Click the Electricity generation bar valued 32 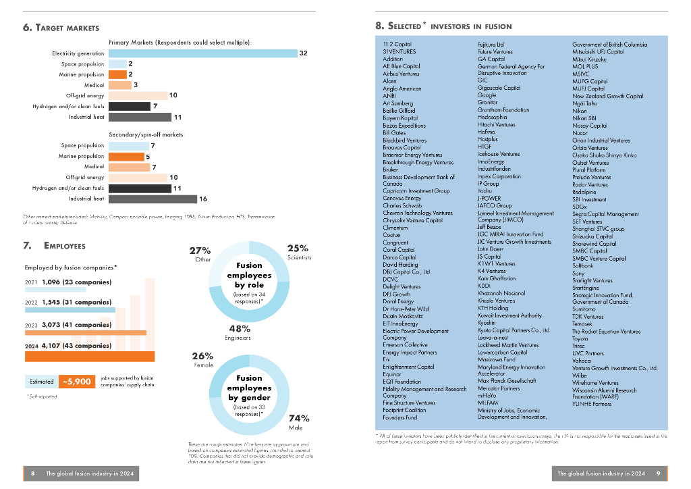coord(202,53)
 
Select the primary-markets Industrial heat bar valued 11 coord(140,117)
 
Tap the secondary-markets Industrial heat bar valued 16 coord(153,199)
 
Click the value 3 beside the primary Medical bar coord(136,85)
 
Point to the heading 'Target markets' coord(61,28)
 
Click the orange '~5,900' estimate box coord(76,382)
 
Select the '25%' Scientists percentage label coord(298,249)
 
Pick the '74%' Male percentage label coord(299,418)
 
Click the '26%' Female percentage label coord(202,356)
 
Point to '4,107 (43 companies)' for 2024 coord(76,346)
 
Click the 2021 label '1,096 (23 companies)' coord(76,282)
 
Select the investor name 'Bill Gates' coord(395,133)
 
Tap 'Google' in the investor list coord(487,96)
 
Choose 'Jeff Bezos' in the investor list coord(490,227)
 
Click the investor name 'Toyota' coord(580,338)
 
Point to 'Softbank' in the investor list coord(583,265)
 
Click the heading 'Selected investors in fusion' coord(443,26)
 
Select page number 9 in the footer coord(657,473)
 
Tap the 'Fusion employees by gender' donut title coord(249,388)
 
